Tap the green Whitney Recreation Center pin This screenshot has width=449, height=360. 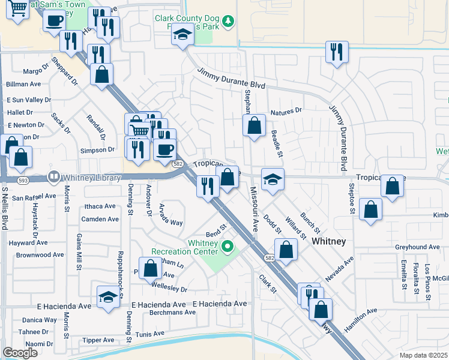pyautogui.click(x=228, y=247)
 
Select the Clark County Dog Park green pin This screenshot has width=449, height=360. pyautogui.click(x=228, y=23)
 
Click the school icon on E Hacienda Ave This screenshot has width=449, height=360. pyautogui.click(x=108, y=298)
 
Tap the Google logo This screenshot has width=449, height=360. pyautogui.click(x=20, y=353)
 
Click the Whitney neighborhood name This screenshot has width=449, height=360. pyautogui.click(x=328, y=241)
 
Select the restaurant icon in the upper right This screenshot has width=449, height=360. pyautogui.click(x=337, y=51)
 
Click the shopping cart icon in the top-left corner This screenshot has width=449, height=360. pyautogui.click(x=18, y=8)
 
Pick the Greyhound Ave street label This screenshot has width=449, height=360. pyautogui.click(x=417, y=247)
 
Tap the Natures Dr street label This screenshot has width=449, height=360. pyautogui.click(x=286, y=112)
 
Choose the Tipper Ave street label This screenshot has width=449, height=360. pyautogui.click(x=98, y=340)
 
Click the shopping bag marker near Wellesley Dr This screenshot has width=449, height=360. pyautogui.click(x=150, y=268)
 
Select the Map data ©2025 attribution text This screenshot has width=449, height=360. pyautogui.click(x=424, y=355)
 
